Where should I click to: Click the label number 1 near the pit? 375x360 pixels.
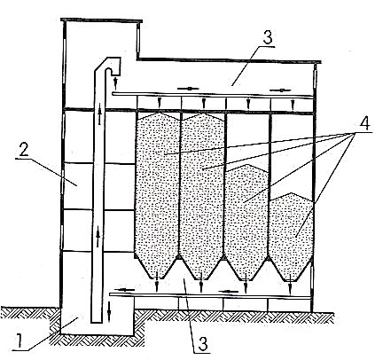[20, 340]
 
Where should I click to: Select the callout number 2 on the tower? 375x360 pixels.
[24, 151]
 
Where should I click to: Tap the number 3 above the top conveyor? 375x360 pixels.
[268, 37]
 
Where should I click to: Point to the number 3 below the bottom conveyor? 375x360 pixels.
[202, 344]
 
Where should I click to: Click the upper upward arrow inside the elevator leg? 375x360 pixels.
[99, 113]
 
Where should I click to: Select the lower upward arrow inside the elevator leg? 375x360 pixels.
[98, 238]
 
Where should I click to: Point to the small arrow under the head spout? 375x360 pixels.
[115, 82]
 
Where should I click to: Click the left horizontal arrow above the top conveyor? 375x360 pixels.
[188, 89]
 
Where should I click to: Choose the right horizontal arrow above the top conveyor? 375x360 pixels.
[280, 90]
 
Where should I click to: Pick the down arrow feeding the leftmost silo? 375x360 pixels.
[160, 102]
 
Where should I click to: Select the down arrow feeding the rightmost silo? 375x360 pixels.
[293, 105]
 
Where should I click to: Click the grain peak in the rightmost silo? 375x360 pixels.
[292, 193]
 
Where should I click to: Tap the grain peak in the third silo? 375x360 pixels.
[248, 165]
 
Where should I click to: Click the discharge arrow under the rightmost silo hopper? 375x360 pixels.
[291, 284]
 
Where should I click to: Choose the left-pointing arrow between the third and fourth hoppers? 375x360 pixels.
[230, 292]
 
